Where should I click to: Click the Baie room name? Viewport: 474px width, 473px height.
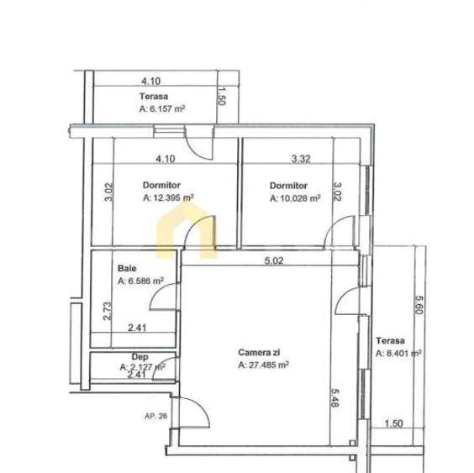[x=127, y=270]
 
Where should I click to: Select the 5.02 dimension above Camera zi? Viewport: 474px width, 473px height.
[x=273, y=261]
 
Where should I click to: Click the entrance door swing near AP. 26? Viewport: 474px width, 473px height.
[x=196, y=412]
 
